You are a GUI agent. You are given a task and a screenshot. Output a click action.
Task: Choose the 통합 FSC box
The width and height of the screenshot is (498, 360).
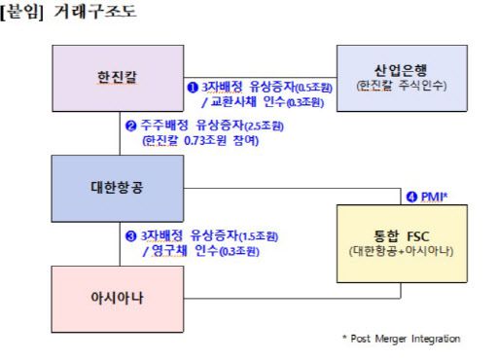pyautogui.click(x=400, y=237)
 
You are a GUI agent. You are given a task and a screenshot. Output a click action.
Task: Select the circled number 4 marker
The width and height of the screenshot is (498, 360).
pyautogui.click(x=410, y=197)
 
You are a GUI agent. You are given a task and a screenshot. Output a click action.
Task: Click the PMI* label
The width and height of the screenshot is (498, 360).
pyautogui.click(x=434, y=197)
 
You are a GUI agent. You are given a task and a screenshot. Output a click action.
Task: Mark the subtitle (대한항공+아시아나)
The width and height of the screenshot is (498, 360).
pyautogui.click(x=400, y=251)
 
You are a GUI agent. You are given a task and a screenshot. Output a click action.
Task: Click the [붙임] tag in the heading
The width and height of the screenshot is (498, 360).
pyautogui.click(x=23, y=13)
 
